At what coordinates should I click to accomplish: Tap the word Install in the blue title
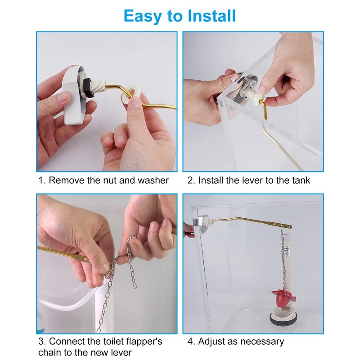tap(211, 16)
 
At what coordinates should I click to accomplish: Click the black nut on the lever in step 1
tap(88, 88)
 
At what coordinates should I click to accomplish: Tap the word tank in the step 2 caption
tap(301, 180)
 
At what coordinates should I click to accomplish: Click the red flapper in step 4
tap(283, 298)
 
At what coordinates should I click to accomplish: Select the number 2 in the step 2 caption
tap(190, 180)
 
